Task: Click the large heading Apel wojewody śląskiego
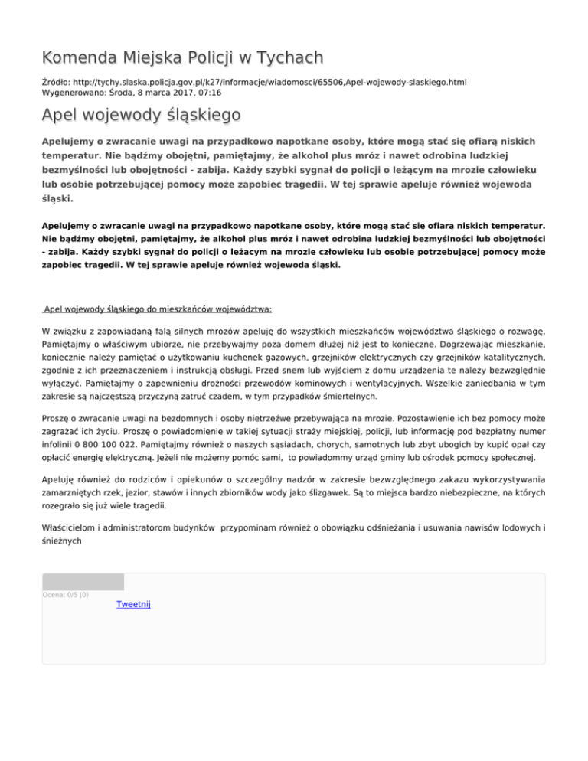(x=142, y=116)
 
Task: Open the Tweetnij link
(x=133, y=605)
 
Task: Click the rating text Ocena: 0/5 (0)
(x=66, y=594)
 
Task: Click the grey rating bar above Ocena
(x=83, y=582)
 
